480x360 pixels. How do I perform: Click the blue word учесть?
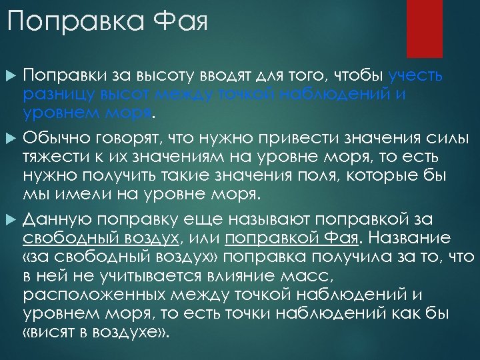[415, 75]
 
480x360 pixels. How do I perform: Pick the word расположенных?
[95, 295]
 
